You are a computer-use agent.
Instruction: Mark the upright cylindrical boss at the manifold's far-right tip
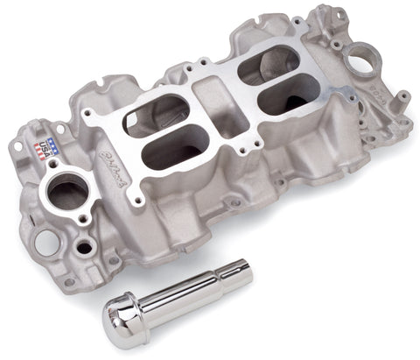pos(404,113)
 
